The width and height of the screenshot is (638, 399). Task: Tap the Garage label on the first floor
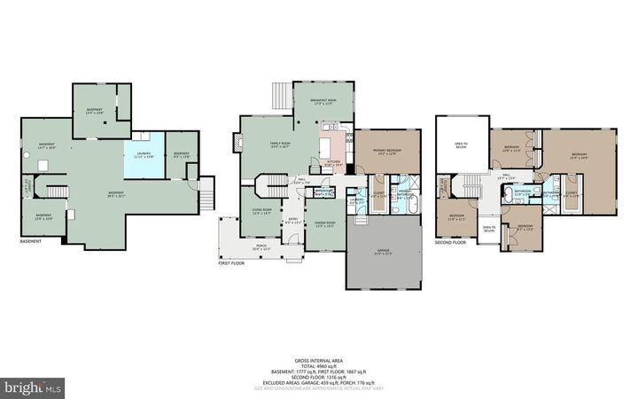coord(384,252)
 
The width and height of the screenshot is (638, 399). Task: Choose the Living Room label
coord(261,210)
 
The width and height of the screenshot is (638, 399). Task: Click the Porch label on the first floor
coord(261,247)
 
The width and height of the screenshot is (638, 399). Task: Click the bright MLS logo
coord(34,387)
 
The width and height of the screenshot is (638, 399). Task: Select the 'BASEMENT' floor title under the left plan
coord(33,241)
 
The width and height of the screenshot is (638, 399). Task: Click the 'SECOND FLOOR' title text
coord(451,241)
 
